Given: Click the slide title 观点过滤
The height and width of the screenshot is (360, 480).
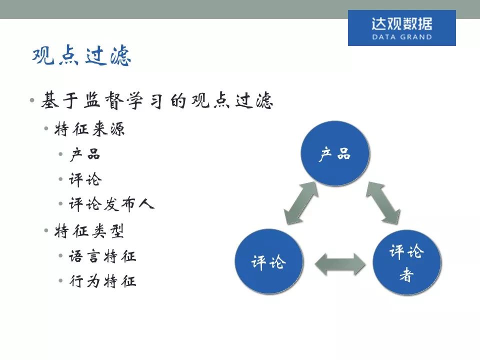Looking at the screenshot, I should click(x=81, y=57).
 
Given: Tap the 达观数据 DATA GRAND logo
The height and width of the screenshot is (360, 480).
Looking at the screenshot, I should click(x=401, y=28).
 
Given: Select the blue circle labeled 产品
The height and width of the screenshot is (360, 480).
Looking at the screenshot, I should click(x=334, y=154).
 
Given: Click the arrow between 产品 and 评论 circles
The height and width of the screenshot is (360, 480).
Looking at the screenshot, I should click(x=301, y=203).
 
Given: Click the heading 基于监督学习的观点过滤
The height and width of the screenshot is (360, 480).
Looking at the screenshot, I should click(x=157, y=101).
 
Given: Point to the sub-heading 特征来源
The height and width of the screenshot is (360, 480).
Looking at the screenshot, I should click(x=90, y=129).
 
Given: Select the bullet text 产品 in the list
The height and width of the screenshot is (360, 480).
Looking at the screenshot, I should click(x=85, y=154).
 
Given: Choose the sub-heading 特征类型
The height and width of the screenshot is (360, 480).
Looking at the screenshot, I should click(x=90, y=231).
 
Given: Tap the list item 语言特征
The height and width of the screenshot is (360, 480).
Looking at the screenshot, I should click(x=102, y=256).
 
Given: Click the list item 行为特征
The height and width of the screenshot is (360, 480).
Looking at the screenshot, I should click(x=102, y=281).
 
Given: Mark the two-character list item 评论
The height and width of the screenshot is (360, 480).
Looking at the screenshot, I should click(x=85, y=179).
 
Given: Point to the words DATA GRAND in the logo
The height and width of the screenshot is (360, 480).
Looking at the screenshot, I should click(x=401, y=37).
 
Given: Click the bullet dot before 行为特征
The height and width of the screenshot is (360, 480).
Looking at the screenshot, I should click(x=61, y=282).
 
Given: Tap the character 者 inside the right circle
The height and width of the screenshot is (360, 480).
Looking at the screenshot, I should click(x=406, y=275).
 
